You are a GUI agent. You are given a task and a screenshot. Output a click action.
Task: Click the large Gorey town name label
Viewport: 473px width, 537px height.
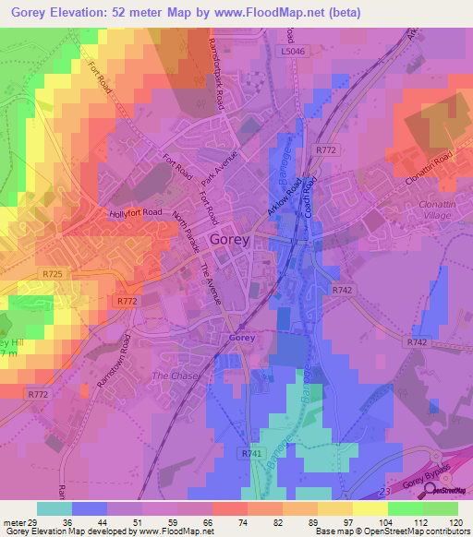tap(229, 241)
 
